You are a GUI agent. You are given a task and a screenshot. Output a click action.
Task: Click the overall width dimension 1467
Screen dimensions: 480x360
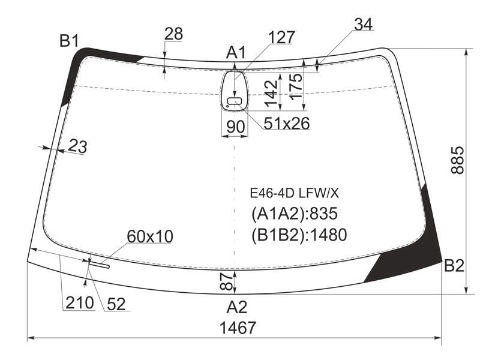tap(238, 328)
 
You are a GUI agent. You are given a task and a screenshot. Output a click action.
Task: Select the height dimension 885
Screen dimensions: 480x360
tap(458, 160)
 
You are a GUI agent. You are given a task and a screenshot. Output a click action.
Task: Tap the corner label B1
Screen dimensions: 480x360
tap(70, 40)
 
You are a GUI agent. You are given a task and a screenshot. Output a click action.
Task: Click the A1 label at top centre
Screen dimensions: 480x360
tap(236, 52)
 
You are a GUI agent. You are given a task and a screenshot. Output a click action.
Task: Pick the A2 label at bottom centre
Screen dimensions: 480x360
tap(236, 307)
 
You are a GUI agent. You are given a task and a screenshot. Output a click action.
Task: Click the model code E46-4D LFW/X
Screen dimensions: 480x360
tap(295, 193)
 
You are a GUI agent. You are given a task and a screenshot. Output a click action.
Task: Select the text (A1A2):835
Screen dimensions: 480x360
tap(295, 214)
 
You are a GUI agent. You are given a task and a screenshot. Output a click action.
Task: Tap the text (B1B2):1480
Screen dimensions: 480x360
tap(299, 235)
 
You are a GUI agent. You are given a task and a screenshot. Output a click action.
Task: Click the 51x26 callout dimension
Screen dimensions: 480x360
tap(287, 123)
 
